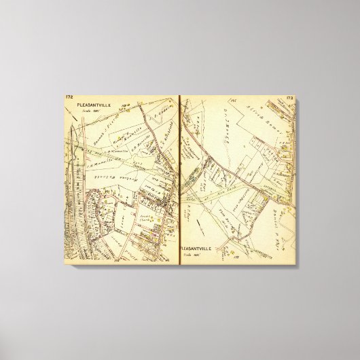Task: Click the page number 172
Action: tap(69, 98)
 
